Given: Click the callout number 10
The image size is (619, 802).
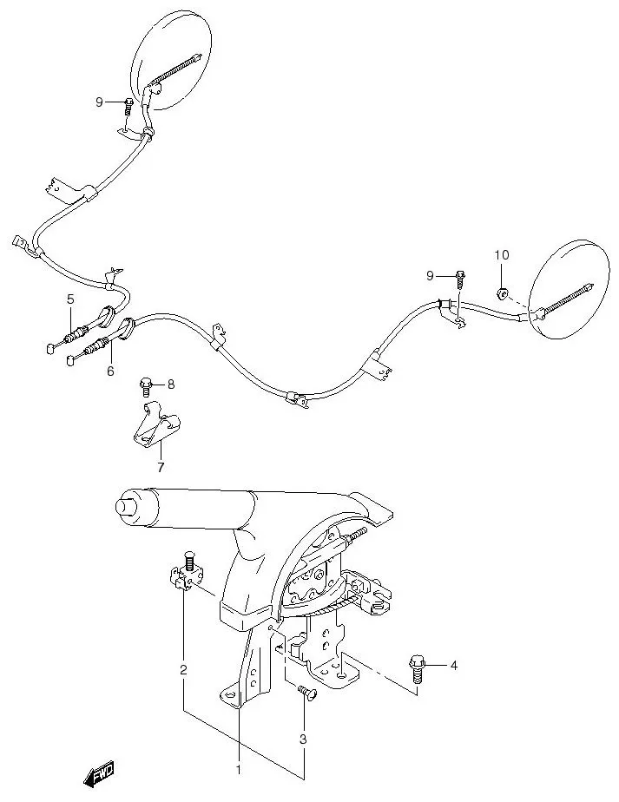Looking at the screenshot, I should point(501,254).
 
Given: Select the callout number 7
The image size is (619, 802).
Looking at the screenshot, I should point(160,468).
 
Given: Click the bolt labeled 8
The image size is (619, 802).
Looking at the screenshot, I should point(146,384).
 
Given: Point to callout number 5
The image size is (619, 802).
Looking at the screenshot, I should point(70,299).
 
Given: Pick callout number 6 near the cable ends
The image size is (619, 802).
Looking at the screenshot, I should point(110,371).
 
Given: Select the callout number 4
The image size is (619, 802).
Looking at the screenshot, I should point(451,666).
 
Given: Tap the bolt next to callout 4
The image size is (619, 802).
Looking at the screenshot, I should point(415,668).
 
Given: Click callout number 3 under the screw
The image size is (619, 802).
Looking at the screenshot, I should point(303,740).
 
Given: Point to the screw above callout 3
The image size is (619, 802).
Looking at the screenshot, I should point(304,692).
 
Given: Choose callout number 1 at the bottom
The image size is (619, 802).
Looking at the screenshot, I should point(239,769).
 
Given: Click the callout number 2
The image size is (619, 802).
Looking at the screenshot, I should point(183,669).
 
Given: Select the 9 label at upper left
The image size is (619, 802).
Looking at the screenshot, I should point(100,102).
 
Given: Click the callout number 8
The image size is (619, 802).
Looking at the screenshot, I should point(171,384).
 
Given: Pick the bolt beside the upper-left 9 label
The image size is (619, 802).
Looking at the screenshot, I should point(128,105).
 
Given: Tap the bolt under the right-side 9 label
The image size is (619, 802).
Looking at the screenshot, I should point(460,278).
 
